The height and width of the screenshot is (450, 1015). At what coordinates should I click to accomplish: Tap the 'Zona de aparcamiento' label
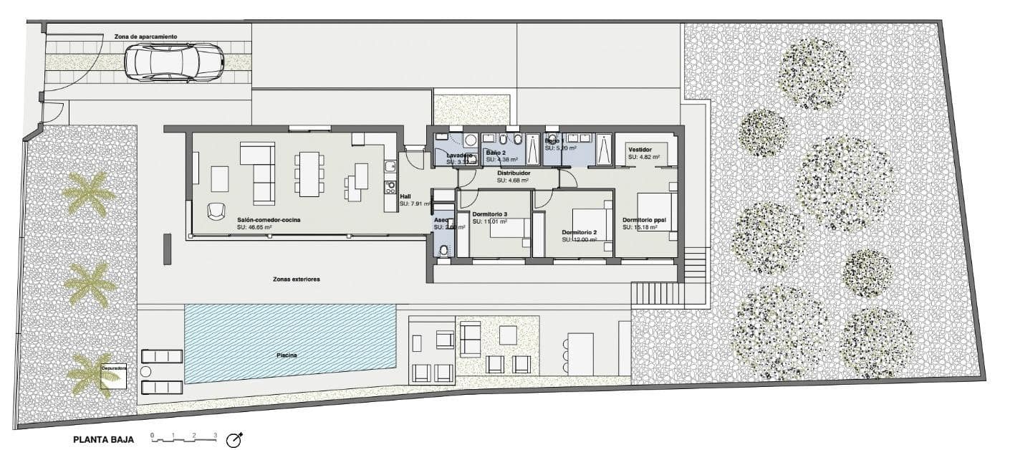(x=145, y=36)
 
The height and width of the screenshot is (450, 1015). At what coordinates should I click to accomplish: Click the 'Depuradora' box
(x=114, y=375)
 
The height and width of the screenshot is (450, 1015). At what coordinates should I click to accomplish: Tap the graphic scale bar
(x=183, y=437)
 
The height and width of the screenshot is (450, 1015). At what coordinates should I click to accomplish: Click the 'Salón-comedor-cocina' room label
(x=264, y=220)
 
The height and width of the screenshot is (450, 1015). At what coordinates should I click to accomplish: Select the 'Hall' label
(x=405, y=196)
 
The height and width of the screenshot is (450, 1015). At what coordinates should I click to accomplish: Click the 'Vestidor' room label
(x=639, y=149)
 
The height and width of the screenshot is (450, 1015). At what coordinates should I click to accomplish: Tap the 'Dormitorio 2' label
(x=579, y=232)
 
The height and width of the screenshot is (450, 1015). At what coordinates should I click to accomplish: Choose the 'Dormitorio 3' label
(x=490, y=215)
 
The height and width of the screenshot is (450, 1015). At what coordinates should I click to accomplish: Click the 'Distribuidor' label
(x=513, y=173)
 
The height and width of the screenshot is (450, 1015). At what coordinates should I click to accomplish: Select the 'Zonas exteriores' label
(x=296, y=279)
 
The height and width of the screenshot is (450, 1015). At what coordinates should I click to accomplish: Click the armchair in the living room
(x=216, y=211)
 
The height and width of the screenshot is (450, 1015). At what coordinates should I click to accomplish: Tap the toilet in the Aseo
(x=444, y=250)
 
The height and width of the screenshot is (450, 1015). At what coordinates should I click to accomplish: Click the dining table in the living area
(x=309, y=173)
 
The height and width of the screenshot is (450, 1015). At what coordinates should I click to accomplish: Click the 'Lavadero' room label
(x=459, y=155)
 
